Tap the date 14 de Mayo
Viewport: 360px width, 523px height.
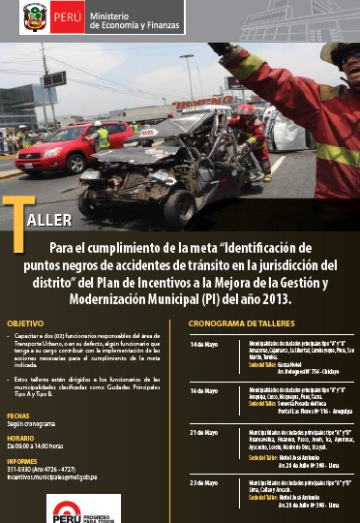(x=204, y=344)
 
